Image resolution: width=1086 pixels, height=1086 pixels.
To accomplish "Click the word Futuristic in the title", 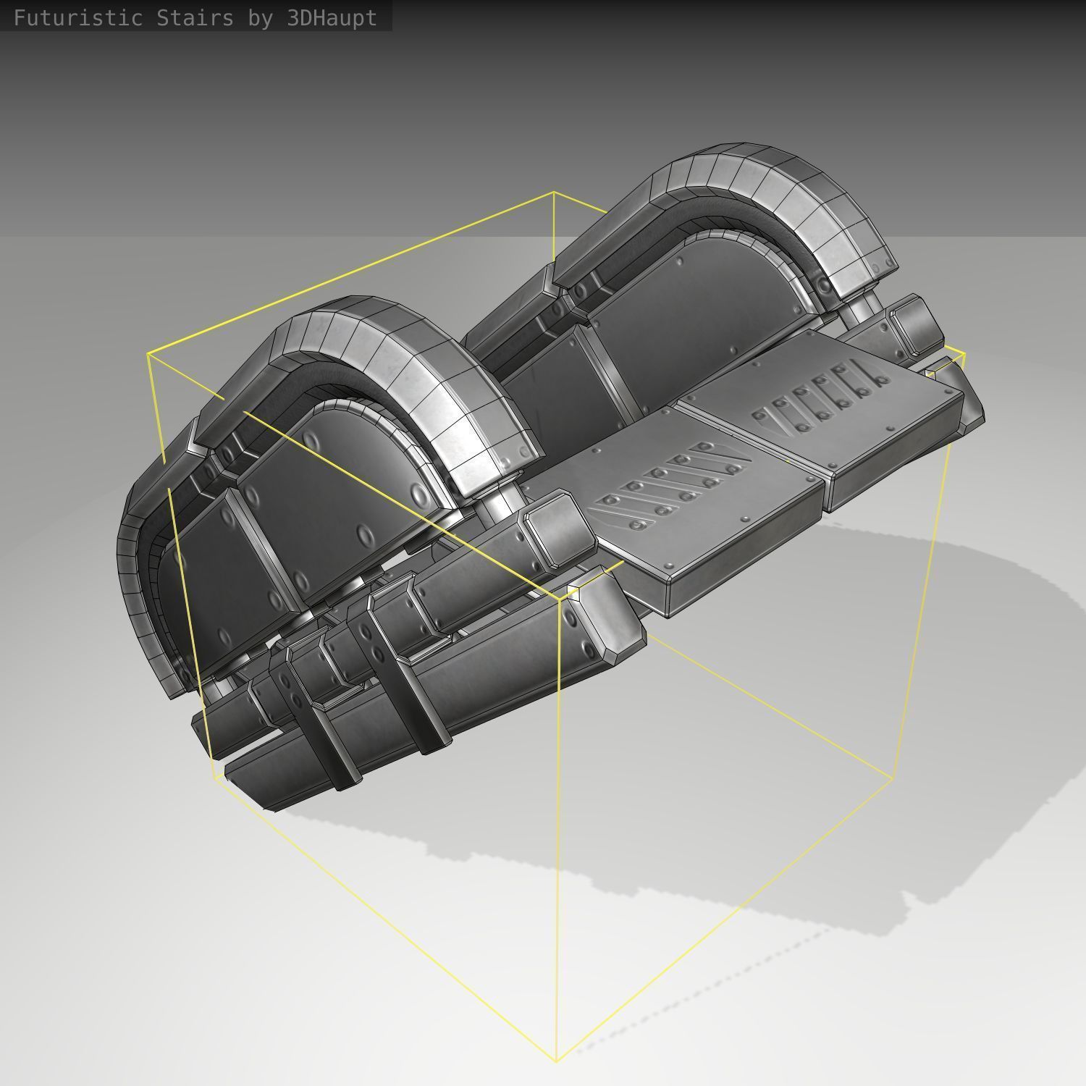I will click(x=78, y=17).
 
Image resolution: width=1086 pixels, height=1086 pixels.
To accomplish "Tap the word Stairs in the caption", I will click(x=195, y=17).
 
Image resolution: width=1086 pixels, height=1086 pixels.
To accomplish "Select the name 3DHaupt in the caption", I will click(x=332, y=17).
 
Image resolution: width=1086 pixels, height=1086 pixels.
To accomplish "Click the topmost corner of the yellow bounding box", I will click(x=554, y=193).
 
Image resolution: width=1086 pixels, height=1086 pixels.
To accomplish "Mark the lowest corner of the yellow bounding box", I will click(x=556, y=1061).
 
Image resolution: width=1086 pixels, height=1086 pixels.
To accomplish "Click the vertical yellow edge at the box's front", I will click(x=557, y=833).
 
